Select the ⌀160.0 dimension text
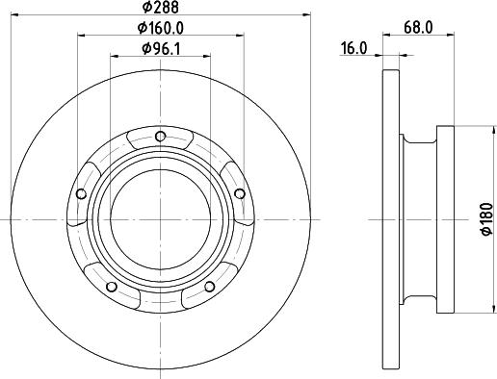click(160, 28)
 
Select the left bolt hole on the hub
click(82, 193)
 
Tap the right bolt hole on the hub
click(238, 193)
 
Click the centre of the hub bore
click(160, 220)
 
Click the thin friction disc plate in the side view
click(389, 220)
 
